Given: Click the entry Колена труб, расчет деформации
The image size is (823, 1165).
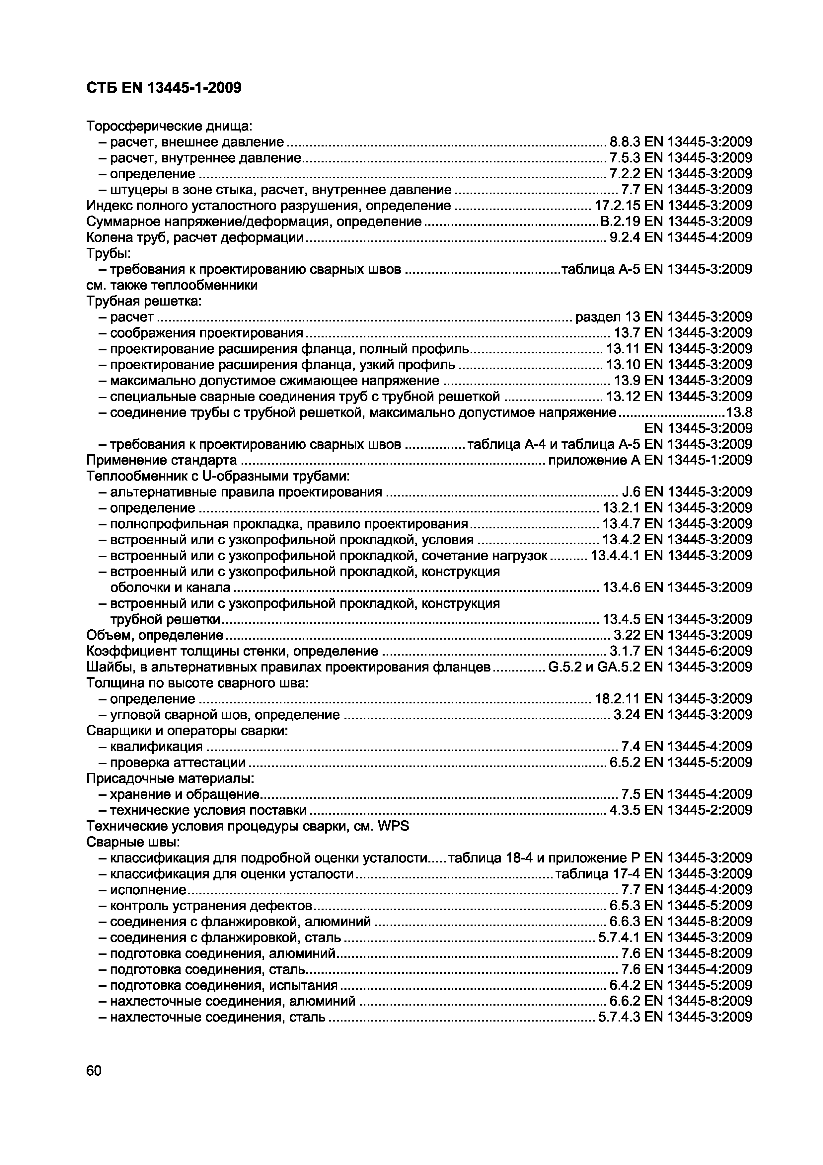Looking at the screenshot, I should (x=195, y=237).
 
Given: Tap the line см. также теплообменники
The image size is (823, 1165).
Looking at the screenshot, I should (x=172, y=285).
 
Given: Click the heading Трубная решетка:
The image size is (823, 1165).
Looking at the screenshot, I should (x=144, y=302).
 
